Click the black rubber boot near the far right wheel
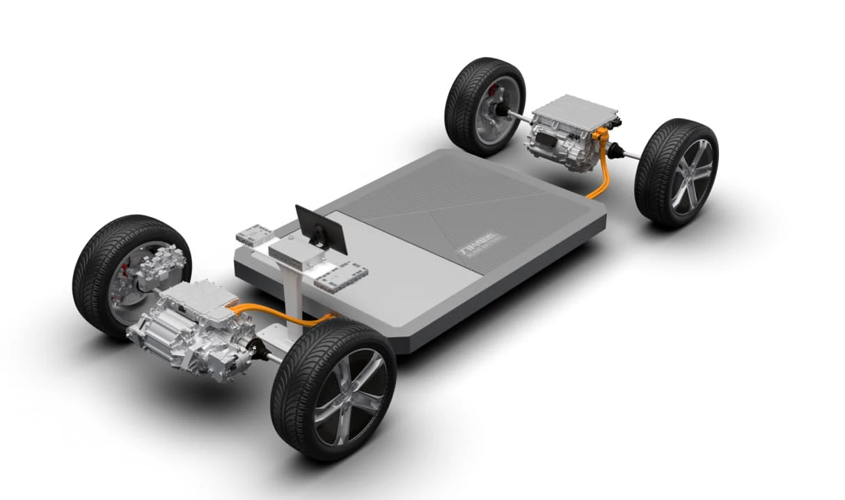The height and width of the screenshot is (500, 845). click(617, 148)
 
